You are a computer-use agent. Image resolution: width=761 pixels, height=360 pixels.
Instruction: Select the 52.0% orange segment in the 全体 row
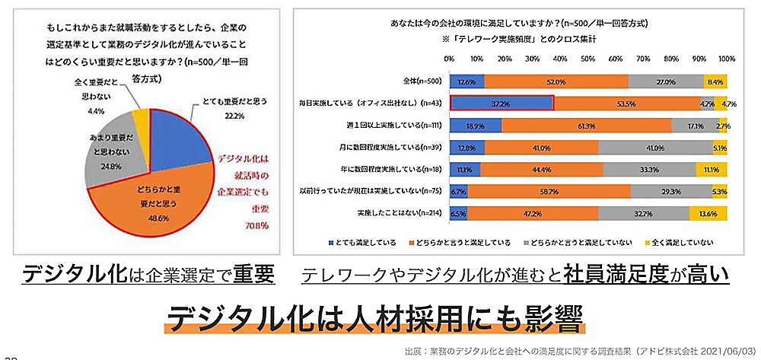556,81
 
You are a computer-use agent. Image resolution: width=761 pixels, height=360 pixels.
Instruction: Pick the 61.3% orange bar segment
585,126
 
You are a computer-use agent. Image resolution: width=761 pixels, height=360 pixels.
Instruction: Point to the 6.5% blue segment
458,215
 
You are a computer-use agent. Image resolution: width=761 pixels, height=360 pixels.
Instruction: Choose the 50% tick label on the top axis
587,58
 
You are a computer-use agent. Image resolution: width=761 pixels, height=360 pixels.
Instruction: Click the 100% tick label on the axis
727,58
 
